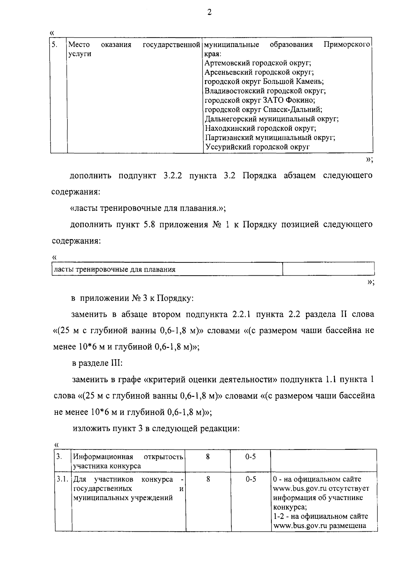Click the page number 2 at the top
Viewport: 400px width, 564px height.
209,13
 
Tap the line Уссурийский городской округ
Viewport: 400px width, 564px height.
257,147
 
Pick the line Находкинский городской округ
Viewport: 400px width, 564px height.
260,128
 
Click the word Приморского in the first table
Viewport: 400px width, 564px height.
347,45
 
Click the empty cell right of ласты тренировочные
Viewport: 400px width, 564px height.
328,269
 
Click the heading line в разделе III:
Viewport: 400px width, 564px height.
98,363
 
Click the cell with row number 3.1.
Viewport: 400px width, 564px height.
63,480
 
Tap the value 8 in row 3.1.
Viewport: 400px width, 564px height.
208,480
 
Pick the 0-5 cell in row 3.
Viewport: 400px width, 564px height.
250,457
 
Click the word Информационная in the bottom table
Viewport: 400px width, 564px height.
103,457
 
